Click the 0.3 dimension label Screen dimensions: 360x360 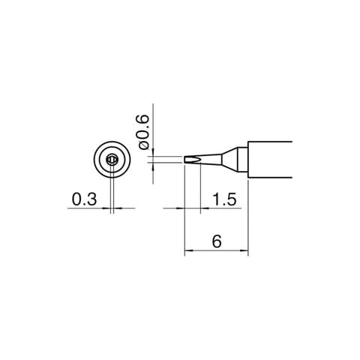pyautogui.click(x=84, y=199)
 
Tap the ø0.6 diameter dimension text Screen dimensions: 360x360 pyautogui.click(x=143, y=133)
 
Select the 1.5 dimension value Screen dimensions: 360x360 pyautogui.click(x=224, y=199)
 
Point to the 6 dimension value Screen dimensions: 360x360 pyautogui.click(x=217, y=241)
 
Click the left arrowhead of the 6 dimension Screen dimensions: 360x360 pyautogui.click(x=188, y=250)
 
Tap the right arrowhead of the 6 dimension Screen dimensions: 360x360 pyautogui.click(x=244, y=250)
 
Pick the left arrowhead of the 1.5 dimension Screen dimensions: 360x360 pyautogui.click(x=180, y=208)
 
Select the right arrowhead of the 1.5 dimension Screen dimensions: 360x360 pyautogui.click(x=205, y=208)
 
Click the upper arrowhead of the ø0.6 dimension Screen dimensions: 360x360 pyautogui.click(x=153, y=152)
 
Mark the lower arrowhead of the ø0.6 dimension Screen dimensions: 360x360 pyautogui.click(x=153, y=166)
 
